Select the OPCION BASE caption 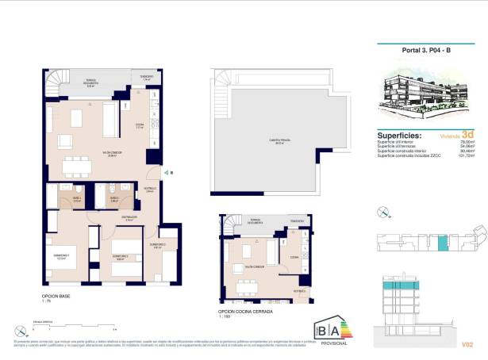tap(56, 297)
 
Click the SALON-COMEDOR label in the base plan tap(90, 155)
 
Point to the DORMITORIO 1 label tap(63, 255)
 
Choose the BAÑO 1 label tap(77, 198)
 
